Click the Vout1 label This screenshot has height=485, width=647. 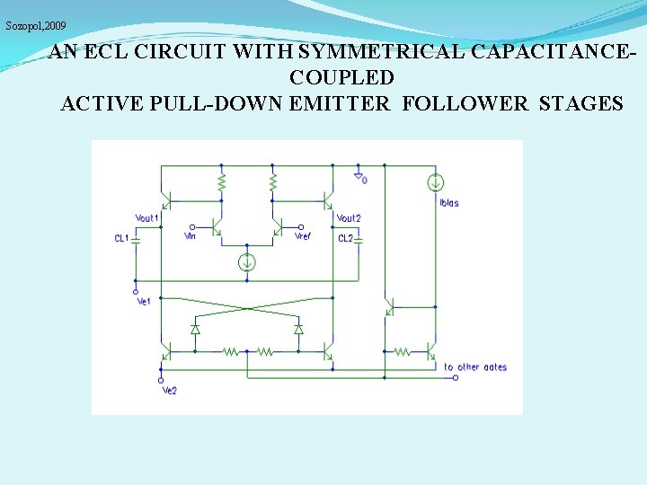pos(146,218)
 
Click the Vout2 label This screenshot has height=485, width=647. pos(349,218)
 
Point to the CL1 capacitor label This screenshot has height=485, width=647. pos(121,239)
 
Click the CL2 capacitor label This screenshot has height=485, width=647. pos(345,239)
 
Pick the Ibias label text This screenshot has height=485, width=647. pos(449,203)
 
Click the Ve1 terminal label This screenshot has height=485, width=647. pos(144,302)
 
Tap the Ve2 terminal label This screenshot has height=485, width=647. pos(169,391)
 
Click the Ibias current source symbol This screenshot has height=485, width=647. pos(435,183)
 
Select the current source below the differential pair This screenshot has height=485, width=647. pos(246,262)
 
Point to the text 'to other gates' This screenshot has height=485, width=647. pos(475,367)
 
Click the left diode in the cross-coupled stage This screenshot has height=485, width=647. pos(195,330)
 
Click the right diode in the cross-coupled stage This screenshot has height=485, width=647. pos(299,330)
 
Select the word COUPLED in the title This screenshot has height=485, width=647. pos(341,78)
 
